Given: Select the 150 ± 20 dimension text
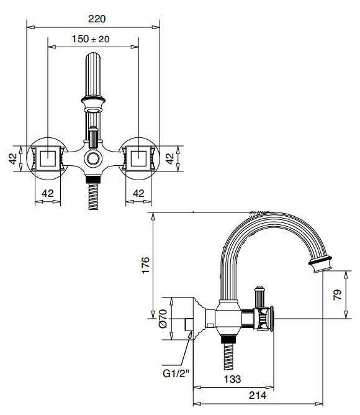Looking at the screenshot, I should [91, 39].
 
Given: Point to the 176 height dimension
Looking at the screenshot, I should [145, 263].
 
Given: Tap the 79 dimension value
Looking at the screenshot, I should [337, 294].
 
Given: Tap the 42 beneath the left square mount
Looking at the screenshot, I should [47, 193].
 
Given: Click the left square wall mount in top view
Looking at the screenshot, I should [48, 158].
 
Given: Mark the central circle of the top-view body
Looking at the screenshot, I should [93, 158].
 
